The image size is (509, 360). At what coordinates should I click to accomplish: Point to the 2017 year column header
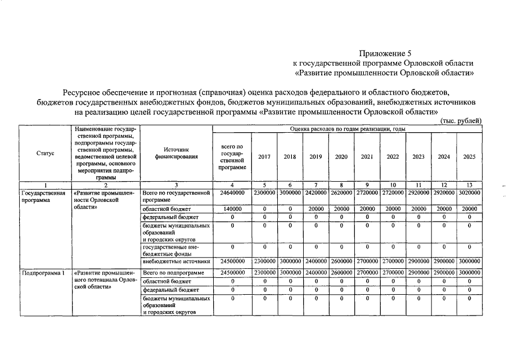coord(264,157)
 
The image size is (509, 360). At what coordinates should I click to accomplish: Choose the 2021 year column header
coord(367,157)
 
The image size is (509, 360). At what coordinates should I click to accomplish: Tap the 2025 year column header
coord(469,157)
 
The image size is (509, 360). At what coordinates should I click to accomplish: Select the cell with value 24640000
coord(232,192)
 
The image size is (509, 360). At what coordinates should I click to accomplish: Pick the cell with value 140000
coord(232,208)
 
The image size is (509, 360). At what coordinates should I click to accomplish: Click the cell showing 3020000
coord(469,192)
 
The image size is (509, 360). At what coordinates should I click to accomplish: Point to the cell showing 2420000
coord(316,192)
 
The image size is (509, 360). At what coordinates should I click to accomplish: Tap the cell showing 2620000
coord(341,192)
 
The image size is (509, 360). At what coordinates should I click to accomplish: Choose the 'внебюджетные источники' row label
coord(177,261)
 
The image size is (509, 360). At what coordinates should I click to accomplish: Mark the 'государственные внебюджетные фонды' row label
coord(171,250)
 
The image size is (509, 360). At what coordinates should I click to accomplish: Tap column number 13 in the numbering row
coord(469,184)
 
